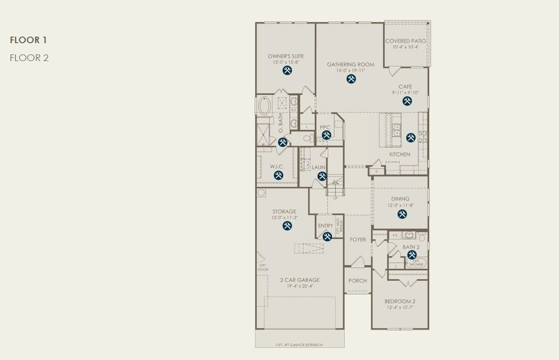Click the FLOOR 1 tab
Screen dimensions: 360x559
pyautogui.click(x=28, y=40)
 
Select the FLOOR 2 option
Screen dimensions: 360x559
pyautogui.click(x=29, y=58)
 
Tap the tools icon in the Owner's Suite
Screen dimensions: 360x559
pyautogui.click(x=287, y=70)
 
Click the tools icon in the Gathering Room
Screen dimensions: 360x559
pyautogui.click(x=351, y=78)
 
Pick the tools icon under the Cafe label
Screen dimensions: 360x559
pyautogui.click(x=407, y=101)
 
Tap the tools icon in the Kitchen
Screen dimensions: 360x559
pyautogui.click(x=410, y=137)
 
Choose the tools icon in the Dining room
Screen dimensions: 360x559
pyautogui.click(x=402, y=213)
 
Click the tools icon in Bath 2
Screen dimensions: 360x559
pyautogui.click(x=412, y=254)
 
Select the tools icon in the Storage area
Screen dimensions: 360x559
pyautogui.click(x=287, y=226)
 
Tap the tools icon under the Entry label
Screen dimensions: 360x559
pyautogui.click(x=327, y=236)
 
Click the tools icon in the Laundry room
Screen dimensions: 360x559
pyautogui.click(x=321, y=176)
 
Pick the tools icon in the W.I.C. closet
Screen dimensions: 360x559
pyautogui.click(x=278, y=175)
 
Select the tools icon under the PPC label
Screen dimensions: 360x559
pyautogui.click(x=326, y=135)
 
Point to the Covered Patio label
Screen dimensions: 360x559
pyautogui.click(x=405, y=41)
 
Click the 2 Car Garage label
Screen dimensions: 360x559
pyautogui.click(x=299, y=280)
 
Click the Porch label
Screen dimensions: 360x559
pyautogui.click(x=357, y=281)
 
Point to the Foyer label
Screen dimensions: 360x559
pyautogui.click(x=357, y=239)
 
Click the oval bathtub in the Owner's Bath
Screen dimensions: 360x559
pyautogui.click(x=264, y=107)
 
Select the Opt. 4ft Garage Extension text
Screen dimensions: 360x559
pyautogui.click(x=299, y=344)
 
